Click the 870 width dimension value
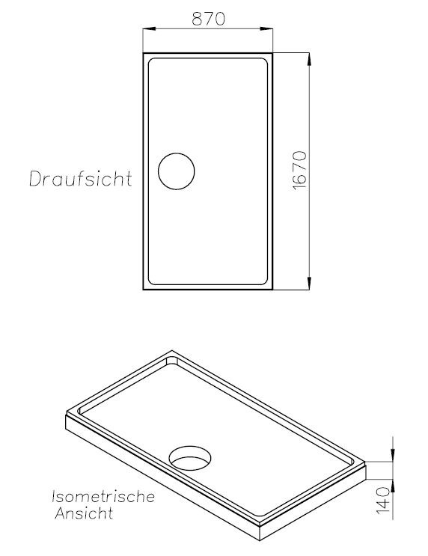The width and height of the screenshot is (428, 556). (x=209, y=19)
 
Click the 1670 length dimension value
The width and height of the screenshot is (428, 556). (x=300, y=171)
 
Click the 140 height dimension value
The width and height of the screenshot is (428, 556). (x=383, y=500)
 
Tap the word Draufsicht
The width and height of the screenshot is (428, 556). (x=81, y=179)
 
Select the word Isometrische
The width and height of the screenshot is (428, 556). (x=103, y=496)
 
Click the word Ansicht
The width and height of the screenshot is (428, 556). (x=84, y=513)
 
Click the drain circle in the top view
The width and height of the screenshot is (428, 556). (x=177, y=171)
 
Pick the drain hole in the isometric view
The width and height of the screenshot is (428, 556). (x=190, y=457)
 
